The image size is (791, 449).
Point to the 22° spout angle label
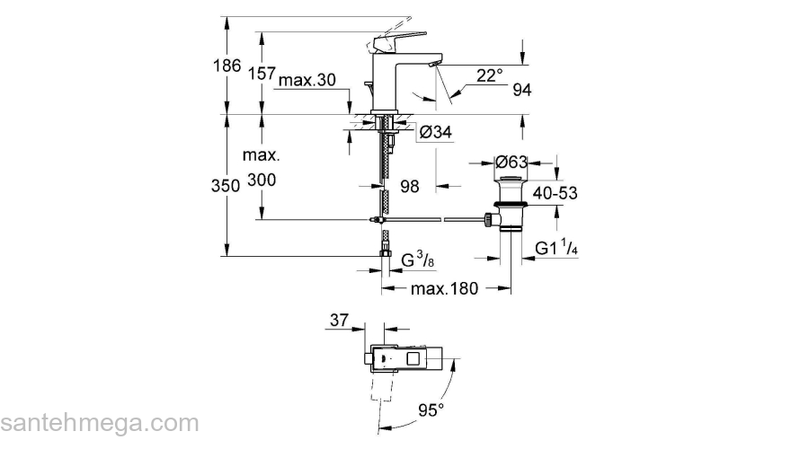click(x=489, y=76)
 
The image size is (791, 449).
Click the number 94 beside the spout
click(x=522, y=89)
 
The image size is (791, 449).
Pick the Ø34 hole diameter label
click(x=435, y=132)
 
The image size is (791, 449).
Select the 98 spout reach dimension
click(x=410, y=186)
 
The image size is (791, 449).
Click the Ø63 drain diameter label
click(x=511, y=163)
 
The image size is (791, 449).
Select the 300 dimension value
click(x=262, y=180)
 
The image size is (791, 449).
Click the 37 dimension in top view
click(x=340, y=321)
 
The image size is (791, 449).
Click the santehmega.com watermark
click(x=99, y=423)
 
